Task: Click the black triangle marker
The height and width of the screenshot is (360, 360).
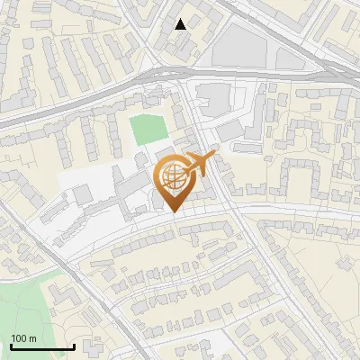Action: pos(181,24)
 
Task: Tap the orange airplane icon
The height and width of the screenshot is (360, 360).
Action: pos(196,166)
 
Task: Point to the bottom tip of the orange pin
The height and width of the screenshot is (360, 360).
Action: pos(173,212)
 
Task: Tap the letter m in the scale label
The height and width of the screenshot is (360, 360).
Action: pos(33,338)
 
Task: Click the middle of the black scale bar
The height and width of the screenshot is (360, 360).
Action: pos(41,346)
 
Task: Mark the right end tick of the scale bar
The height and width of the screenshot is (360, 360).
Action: pos(73,346)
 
